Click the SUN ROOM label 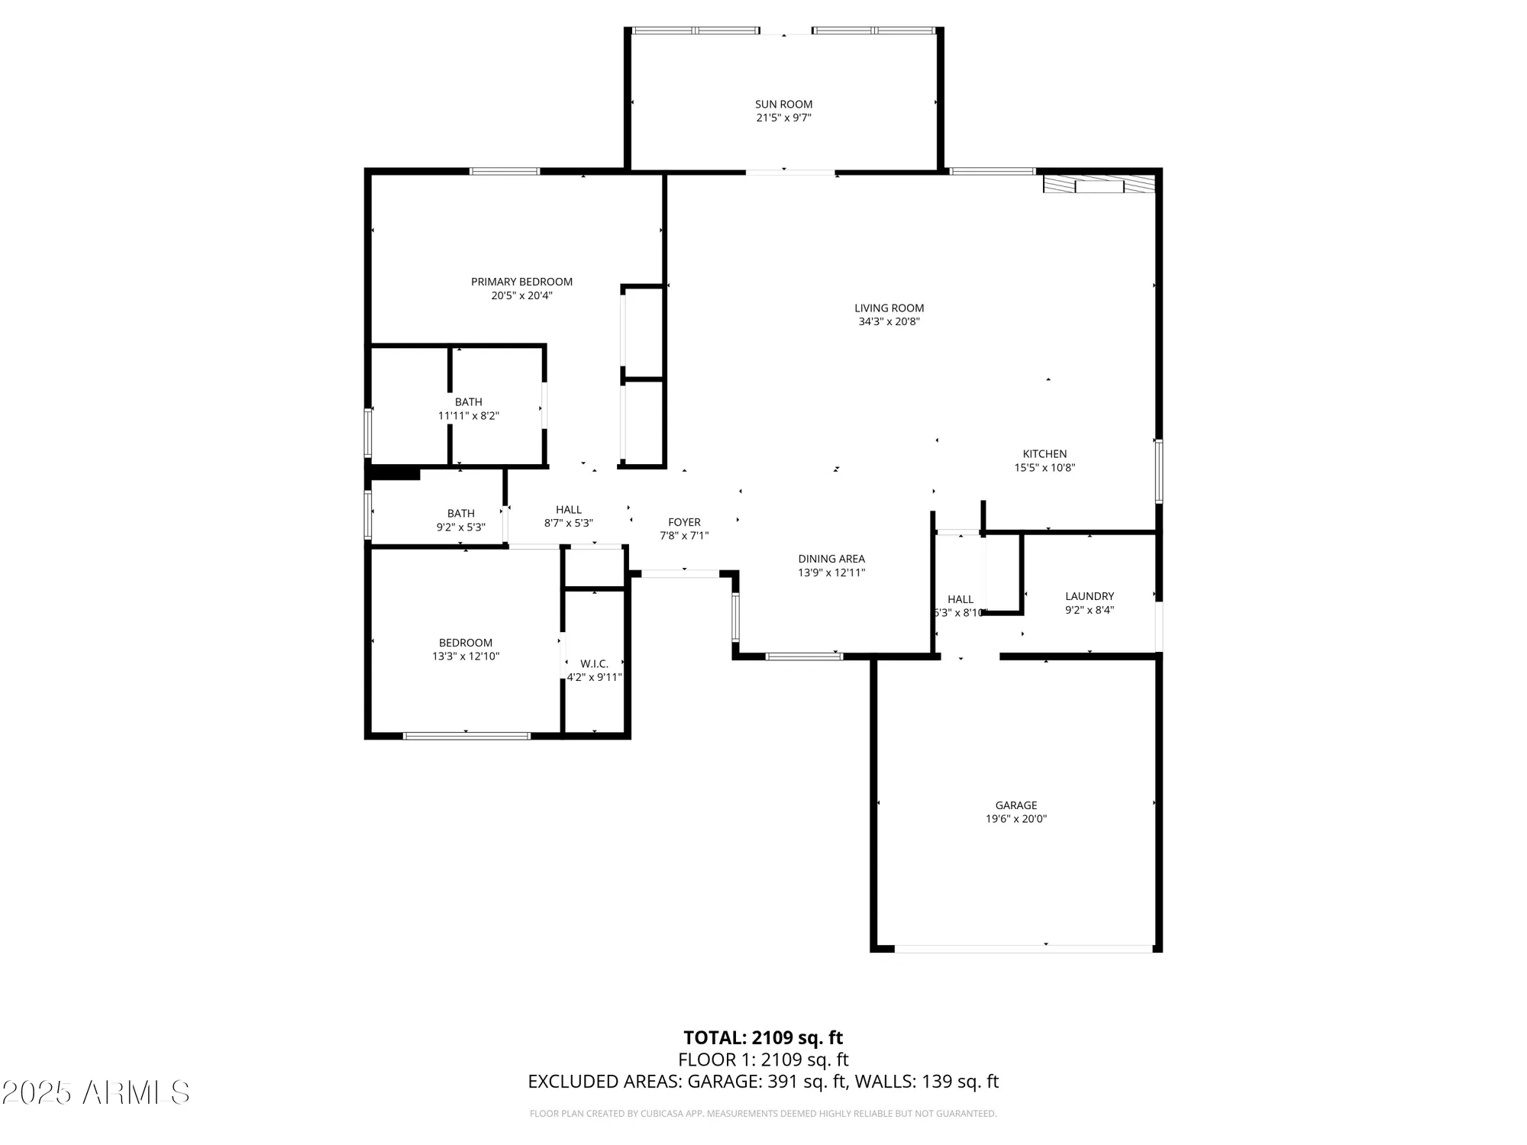pos(783,104)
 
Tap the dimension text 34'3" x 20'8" pos(889,322)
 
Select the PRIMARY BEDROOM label pos(521,282)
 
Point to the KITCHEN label pos(1044,453)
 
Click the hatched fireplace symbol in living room pos(1099,185)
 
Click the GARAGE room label pos(1015,805)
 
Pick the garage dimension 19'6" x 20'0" pos(1015,819)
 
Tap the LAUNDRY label pos(1090,596)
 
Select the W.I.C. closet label pos(594,664)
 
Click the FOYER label pos(684,522)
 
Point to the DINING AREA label pos(831,559)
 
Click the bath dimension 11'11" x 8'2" pos(468,416)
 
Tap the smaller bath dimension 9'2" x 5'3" pos(460,527)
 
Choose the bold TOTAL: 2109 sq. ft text pos(763,1038)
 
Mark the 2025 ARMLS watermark pos(95,1093)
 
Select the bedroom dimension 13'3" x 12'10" pos(465,656)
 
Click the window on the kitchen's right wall pos(1158,471)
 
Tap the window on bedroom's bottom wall pos(466,736)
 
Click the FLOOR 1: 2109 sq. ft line pos(763,1060)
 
